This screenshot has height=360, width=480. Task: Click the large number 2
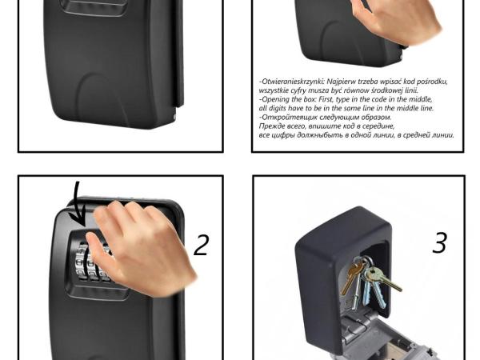pyautogui.click(x=202, y=245)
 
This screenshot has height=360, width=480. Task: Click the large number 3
pyautogui.click(x=440, y=242)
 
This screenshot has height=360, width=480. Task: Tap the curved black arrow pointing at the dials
pyautogui.click(x=76, y=204)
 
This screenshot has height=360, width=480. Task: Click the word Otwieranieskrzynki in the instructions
pyautogui.click(x=292, y=82)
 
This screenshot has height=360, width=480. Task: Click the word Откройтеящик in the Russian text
pyautogui.click(x=289, y=118)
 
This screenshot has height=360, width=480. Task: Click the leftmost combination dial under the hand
pyautogui.click(x=82, y=261)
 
